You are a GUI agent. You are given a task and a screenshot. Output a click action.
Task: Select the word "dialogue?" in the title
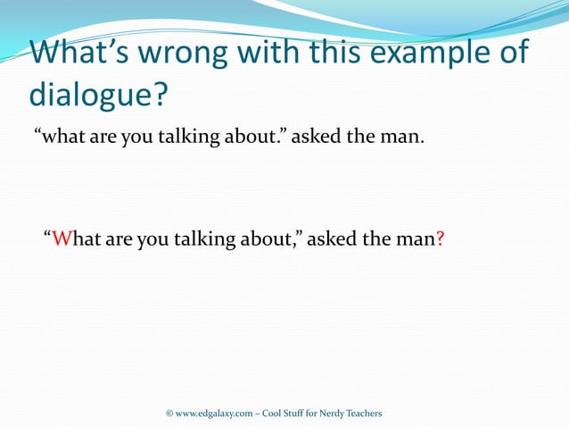click(98, 94)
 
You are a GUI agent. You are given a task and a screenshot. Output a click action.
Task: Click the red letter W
click(61, 239)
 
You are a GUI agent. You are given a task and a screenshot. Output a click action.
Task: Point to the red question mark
click(441, 239)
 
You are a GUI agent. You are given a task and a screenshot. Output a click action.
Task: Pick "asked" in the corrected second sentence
click(331, 239)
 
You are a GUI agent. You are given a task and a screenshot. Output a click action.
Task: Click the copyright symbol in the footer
click(169, 414)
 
